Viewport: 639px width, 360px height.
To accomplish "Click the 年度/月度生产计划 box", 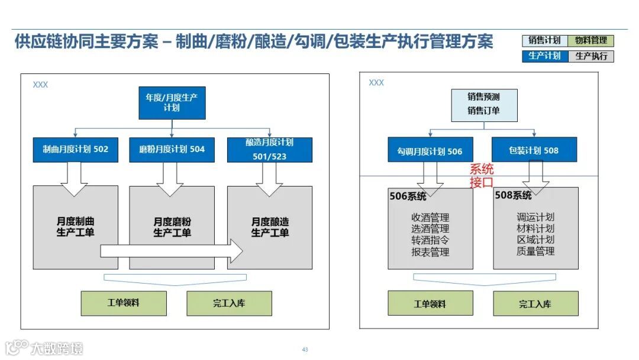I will coord(172,103).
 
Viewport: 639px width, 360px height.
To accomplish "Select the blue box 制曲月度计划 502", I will coord(75,150).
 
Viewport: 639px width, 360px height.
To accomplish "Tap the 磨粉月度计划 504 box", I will coord(172,150).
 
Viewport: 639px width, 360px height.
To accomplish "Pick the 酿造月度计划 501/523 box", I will coord(269,150).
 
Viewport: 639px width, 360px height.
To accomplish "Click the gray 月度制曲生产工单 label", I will coord(75,227).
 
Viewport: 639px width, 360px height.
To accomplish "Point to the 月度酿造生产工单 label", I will coord(270,227).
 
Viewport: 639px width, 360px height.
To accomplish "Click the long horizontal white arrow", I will coord(171,251).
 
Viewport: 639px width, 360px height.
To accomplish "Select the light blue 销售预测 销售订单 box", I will coord(483,105).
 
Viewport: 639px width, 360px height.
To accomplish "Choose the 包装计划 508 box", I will coord(534,150).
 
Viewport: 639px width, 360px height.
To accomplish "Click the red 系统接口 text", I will coord(482,176).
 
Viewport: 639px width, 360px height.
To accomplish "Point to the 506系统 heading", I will coord(408,197).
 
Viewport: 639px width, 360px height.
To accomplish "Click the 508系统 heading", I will coord(513,195).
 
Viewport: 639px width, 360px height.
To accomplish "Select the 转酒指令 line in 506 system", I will coord(430,240).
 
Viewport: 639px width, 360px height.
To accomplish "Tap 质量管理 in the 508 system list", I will coord(535,252).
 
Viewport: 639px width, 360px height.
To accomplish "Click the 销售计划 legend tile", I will coord(544,41).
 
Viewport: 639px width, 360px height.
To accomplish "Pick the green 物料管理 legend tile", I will coord(590,41).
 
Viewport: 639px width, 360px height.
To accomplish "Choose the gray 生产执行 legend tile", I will coord(590,56).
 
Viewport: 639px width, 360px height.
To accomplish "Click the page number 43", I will coord(305,350).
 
